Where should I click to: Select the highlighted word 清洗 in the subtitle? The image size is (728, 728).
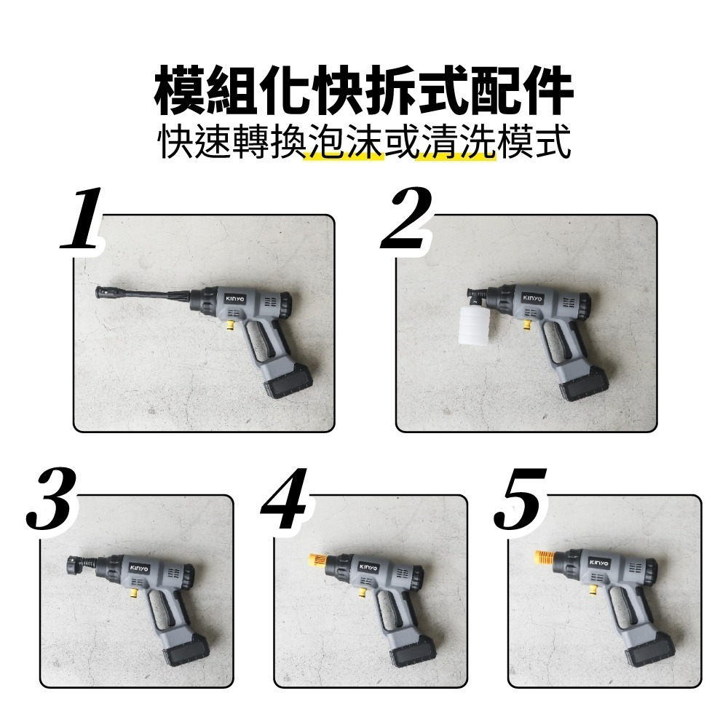(459, 145)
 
